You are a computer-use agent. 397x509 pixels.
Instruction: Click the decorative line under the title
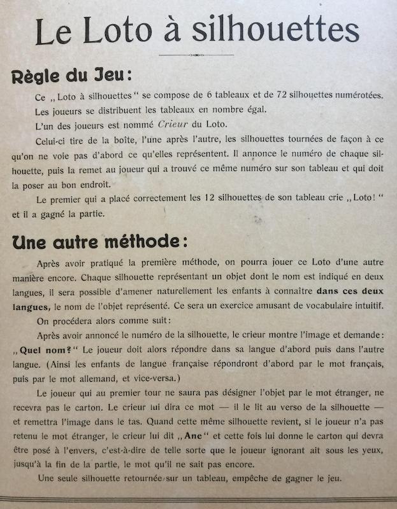click(x=196, y=55)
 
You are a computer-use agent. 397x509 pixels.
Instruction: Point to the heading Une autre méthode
click(x=99, y=242)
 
